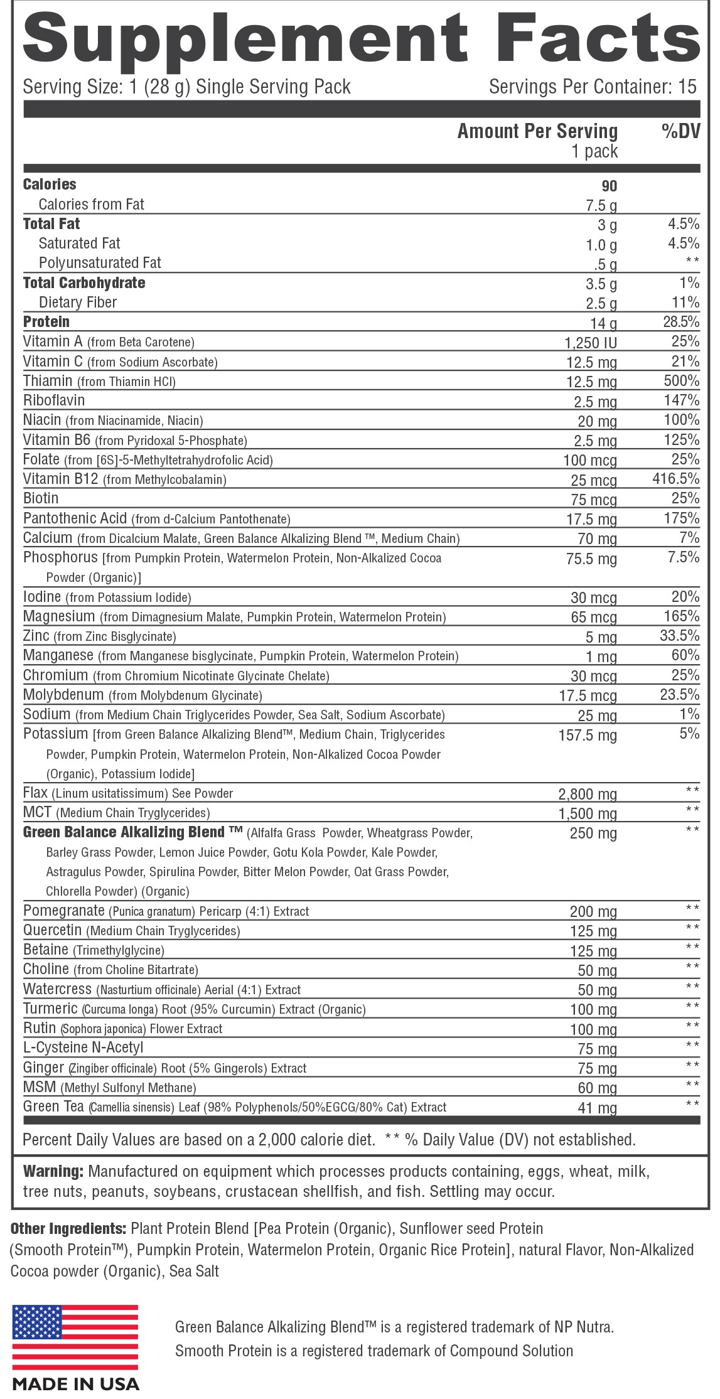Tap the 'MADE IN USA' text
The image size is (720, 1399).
pos(75,1383)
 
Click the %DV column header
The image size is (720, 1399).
pos(680,131)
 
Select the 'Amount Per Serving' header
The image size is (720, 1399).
pos(537,131)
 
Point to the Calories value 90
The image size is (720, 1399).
pos(609,186)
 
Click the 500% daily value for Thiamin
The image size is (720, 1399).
pos(682,380)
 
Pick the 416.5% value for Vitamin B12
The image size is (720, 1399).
pos(676,479)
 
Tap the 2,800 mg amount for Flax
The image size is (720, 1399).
pos(588,795)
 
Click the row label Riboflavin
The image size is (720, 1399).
pos(54,400)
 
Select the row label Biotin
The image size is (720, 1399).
pos(41,498)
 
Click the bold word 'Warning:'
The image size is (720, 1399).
pos(53,1171)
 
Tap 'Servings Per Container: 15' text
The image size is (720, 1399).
pos(593,87)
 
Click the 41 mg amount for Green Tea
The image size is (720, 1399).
pos(597,1108)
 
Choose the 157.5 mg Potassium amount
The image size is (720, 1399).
pos(588,735)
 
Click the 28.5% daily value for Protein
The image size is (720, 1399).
pos(680,322)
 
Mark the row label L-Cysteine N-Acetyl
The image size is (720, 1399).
pos(83,1048)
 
